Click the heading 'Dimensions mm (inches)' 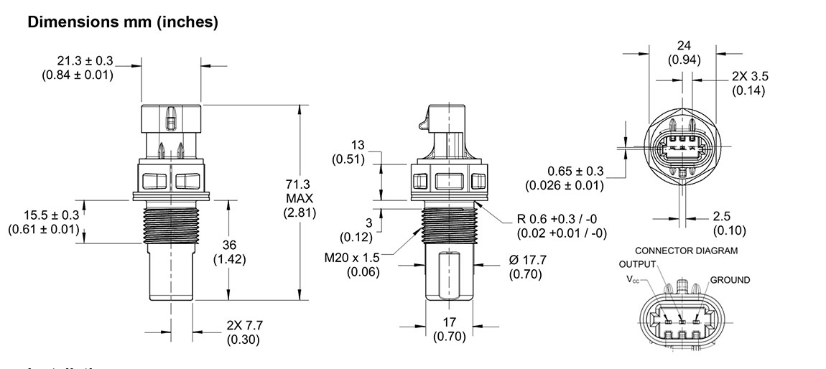[x=122, y=22]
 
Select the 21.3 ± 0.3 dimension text [x=85, y=61]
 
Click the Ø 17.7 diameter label [x=527, y=261]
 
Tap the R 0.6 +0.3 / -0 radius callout [x=562, y=219]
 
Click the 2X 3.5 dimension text [x=750, y=76]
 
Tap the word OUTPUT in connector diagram [x=637, y=264]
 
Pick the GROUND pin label [x=730, y=280]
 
